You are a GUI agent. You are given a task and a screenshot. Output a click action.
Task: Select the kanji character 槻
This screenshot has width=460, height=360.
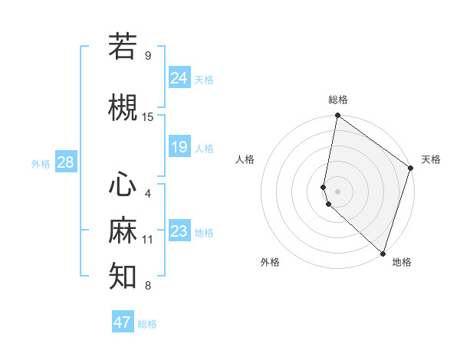[123, 107]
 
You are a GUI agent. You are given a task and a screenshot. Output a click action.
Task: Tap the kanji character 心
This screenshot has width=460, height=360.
[123, 185]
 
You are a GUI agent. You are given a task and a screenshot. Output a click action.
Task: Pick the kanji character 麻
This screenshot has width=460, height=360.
[123, 231]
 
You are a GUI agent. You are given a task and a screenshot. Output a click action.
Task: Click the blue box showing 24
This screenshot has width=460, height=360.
[179, 77]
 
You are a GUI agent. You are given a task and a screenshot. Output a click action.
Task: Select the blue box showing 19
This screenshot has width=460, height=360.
[179, 146]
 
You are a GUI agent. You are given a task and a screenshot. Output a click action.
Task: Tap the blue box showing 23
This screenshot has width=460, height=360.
[179, 231]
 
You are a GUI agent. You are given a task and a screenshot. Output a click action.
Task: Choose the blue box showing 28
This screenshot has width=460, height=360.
[65, 162]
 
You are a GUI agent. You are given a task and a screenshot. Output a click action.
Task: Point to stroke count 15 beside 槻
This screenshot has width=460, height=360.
[148, 117]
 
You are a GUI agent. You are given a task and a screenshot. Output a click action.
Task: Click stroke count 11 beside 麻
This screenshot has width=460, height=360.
[148, 240]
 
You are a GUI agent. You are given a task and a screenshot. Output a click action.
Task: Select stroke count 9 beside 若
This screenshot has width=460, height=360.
[148, 56]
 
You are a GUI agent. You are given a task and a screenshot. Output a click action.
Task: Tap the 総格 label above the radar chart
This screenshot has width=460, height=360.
[338, 100]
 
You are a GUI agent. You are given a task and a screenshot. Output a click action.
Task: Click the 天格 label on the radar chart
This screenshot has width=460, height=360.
[431, 159]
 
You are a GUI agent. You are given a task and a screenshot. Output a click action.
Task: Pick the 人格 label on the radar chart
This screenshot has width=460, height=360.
[245, 159]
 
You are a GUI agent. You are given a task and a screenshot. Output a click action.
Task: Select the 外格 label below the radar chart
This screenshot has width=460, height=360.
[270, 262]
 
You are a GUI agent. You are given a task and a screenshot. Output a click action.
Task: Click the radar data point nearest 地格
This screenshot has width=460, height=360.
[383, 254]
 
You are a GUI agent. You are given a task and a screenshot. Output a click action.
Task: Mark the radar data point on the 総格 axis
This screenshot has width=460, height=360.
[338, 116]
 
